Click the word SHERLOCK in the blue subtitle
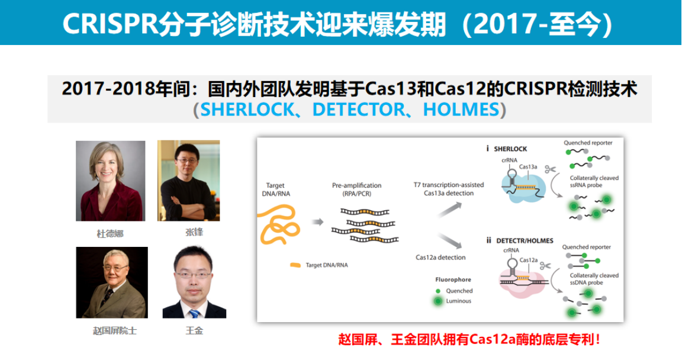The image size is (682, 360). [247, 110]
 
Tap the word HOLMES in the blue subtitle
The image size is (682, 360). [461, 110]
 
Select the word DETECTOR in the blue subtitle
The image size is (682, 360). [359, 110]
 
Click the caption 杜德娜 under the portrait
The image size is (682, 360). [110, 234]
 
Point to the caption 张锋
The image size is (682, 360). [194, 232]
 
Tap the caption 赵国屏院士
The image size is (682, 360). [115, 331]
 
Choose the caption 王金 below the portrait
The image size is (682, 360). [194, 331]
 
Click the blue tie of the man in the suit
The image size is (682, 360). [194, 313]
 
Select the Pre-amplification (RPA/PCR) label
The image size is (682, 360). [356, 189]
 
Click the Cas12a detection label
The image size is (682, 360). [440, 258]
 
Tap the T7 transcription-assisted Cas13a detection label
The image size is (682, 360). [448, 189]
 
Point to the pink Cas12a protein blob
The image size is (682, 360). [522, 282]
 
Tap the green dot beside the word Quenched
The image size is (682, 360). [438, 291]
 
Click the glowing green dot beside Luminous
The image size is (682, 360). [438, 301]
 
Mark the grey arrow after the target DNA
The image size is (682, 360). [318, 222]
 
